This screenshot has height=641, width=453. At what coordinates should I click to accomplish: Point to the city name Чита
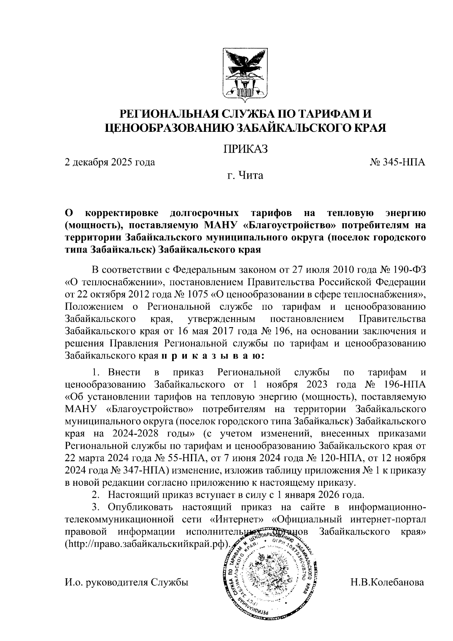pyautogui.click(x=251, y=176)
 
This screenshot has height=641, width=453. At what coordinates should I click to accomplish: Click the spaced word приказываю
pyautogui.click(x=213, y=355)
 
